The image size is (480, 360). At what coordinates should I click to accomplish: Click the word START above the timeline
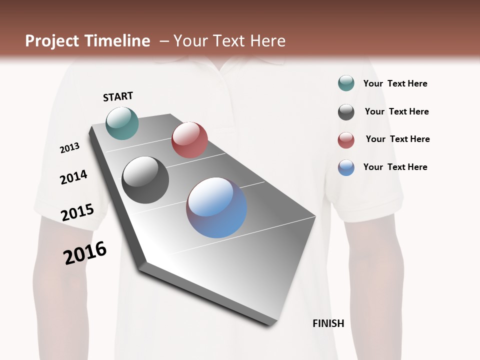click(118, 96)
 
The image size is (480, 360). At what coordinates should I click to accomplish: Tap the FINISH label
click(328, 323)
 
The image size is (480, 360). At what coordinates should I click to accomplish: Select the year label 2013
click(70, 148)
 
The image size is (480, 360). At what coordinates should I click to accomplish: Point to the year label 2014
click(73, 177)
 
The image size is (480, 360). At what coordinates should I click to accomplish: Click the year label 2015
click(77, 212)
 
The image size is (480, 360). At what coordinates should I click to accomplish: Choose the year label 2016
click(85, 252)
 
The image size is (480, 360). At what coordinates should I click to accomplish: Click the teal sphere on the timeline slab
click(122, 123)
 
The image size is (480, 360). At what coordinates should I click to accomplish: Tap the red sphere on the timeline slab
click(189, 140)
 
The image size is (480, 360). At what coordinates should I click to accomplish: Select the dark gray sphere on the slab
click(145, 180)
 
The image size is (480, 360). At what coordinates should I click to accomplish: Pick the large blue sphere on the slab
click(216, 207)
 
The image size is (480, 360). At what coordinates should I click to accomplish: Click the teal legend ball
click(346, 83)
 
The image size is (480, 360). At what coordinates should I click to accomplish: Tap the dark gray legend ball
click(346, 112)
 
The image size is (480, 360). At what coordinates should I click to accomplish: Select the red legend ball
click(346, 140)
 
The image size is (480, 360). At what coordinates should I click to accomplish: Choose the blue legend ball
click(346, 167)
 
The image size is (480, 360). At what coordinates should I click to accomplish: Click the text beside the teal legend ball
click(395, 83)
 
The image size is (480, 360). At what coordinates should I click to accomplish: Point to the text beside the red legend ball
click(397, 139)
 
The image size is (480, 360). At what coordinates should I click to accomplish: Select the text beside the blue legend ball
click(395, 167)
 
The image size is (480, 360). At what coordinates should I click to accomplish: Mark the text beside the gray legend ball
click(396, 111)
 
